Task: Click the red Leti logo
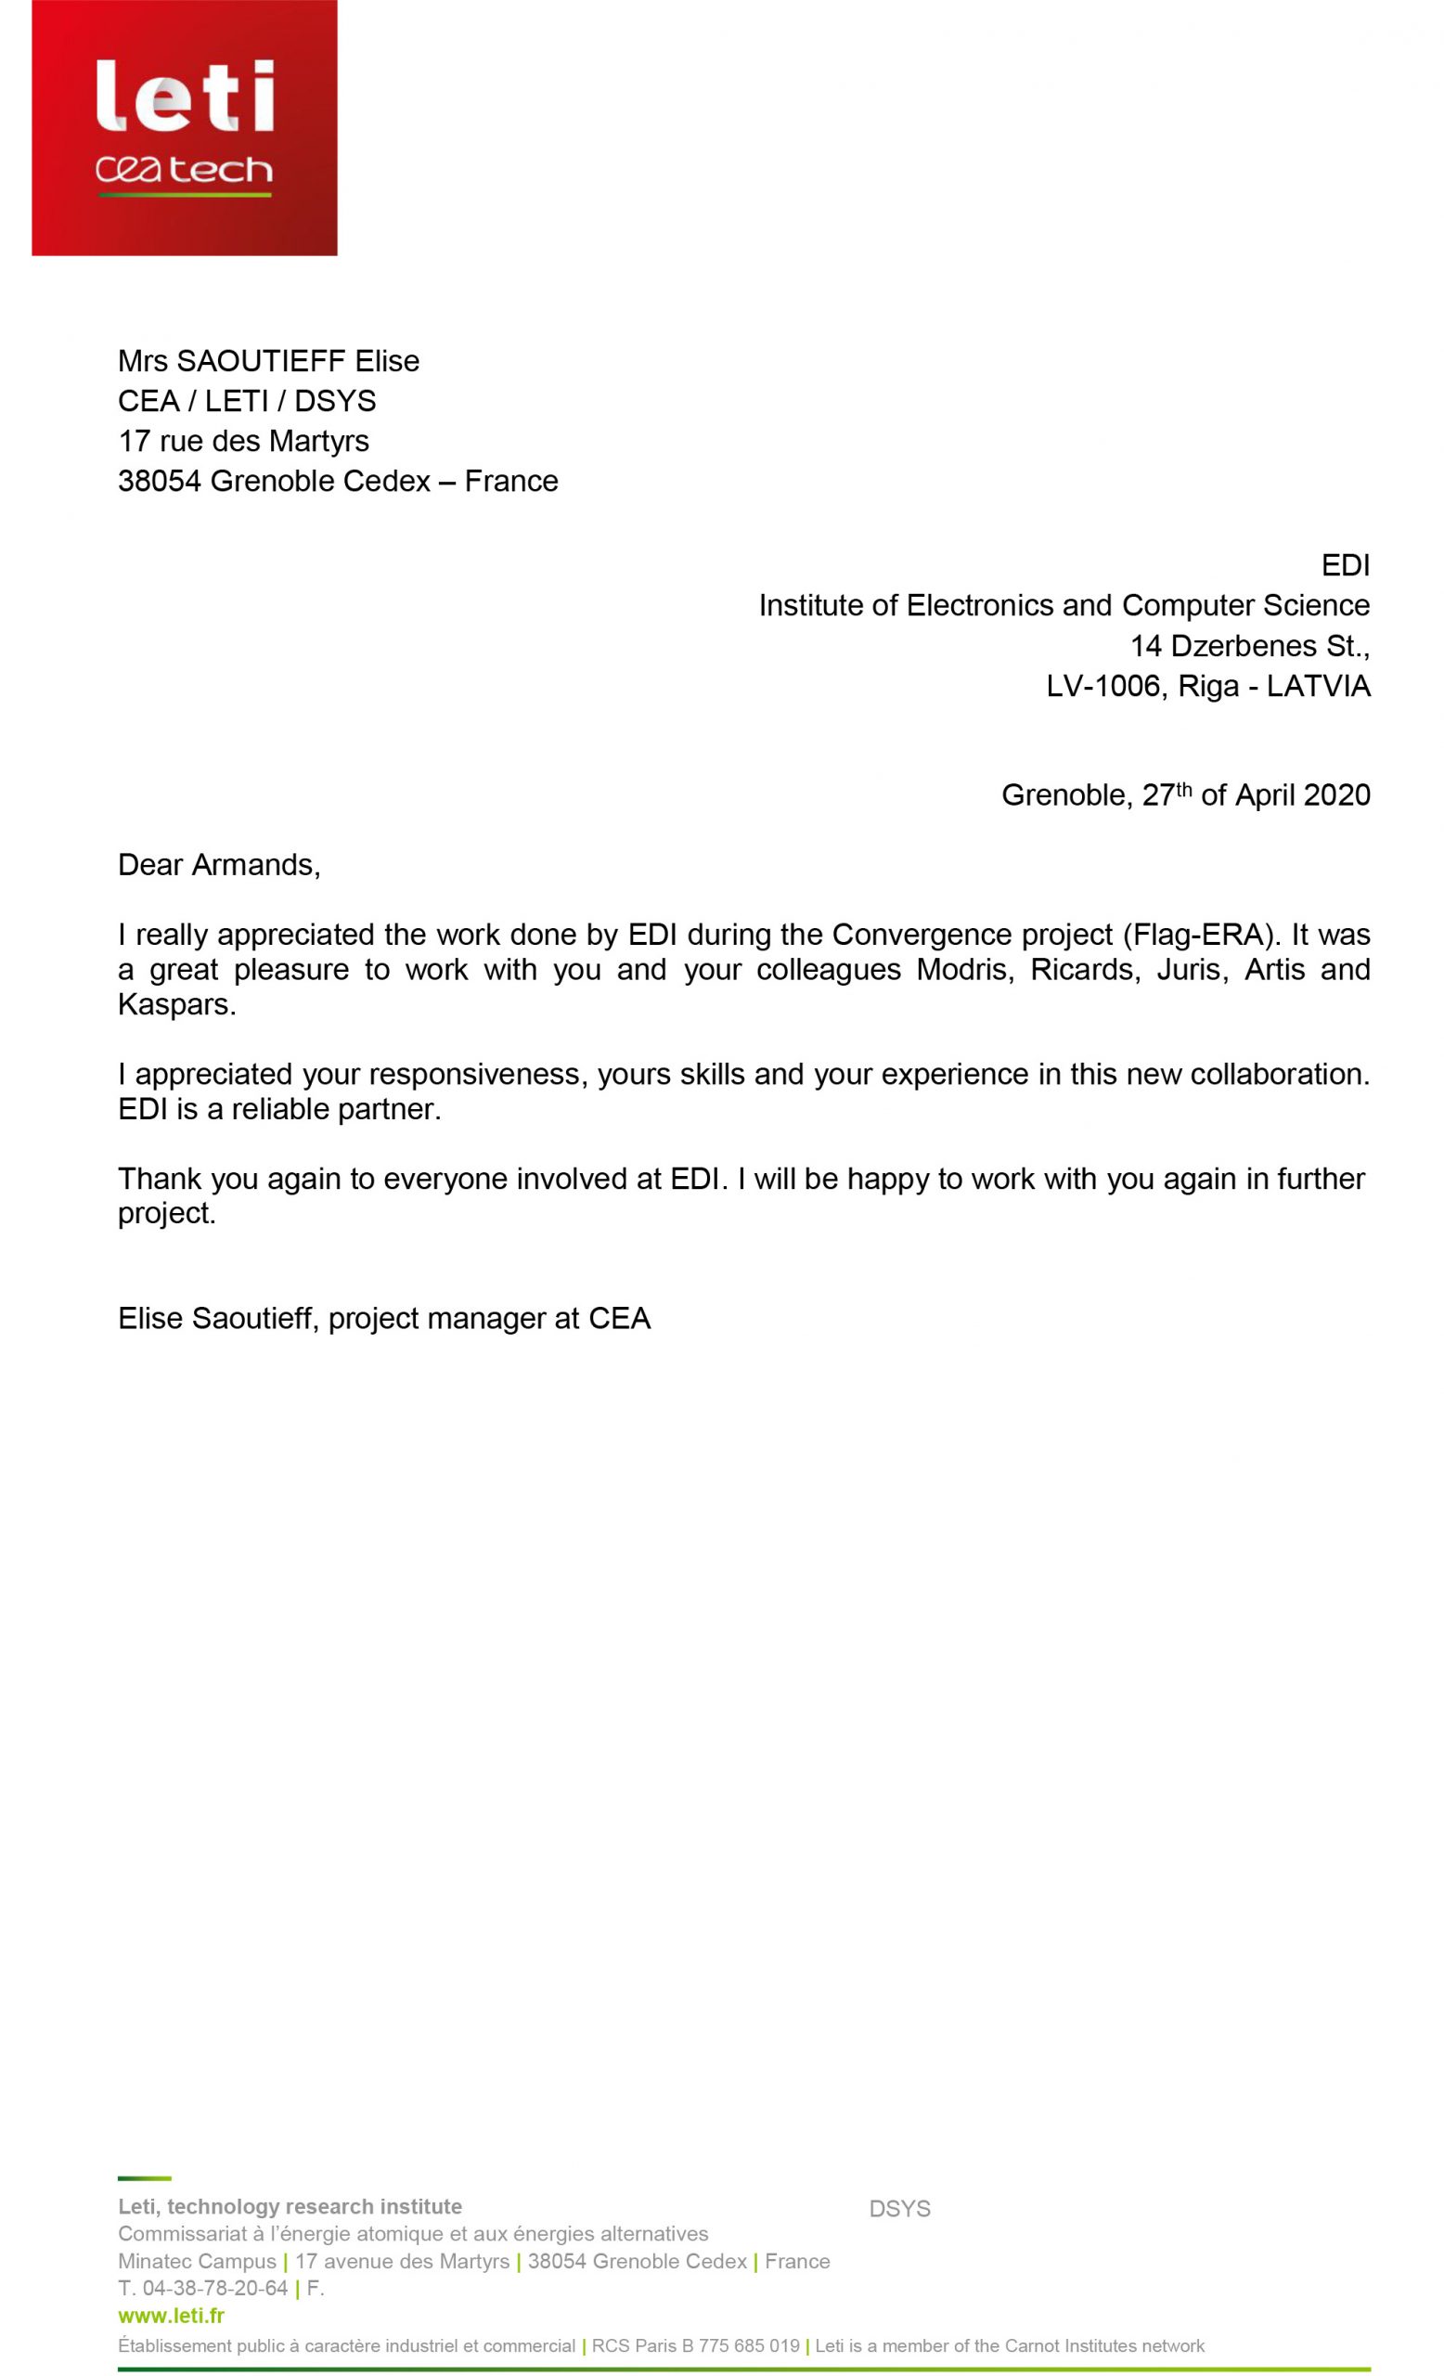(x=184, y=127)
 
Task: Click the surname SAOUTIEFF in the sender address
(x=260, y=362)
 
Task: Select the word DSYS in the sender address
(x=334, y=401)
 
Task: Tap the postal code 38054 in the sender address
(x=159, y=481)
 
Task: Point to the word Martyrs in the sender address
(x=319, y=442)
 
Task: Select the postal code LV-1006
(x=1102, y=687)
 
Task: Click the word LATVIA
(x=1318, y=687)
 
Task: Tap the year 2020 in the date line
(x=1336, y=795)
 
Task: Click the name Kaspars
(x=176, y=1005)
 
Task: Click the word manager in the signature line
(x=486, y=1318)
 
